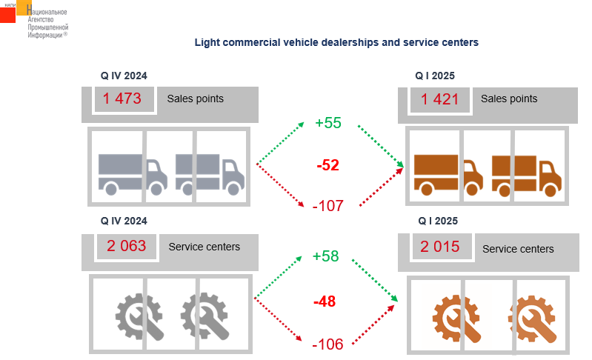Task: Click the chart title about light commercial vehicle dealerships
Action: click(336, 42)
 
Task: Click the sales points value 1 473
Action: click(123, 99)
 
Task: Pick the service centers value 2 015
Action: click(440, 247)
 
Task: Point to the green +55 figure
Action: click(327, 123)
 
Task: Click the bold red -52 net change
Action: click(327, 165)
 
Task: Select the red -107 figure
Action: click(327, 206)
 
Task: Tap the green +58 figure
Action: click(326, 256)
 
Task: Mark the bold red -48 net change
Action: click(325, 301)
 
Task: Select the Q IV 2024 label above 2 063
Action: click(124, 221)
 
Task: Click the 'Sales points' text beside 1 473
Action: click(195, 99)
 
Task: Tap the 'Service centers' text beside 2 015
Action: click(518, 249)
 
